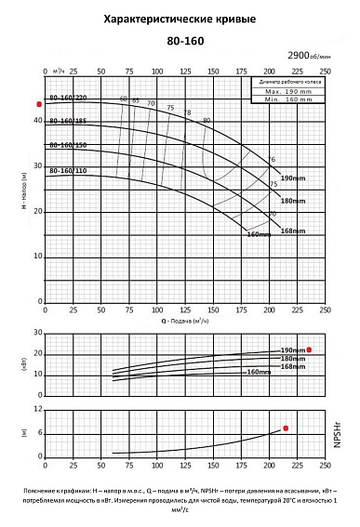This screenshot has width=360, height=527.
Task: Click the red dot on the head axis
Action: pyautogui.click(x=39, y=104)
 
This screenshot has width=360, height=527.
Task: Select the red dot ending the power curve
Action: pyautogui.click(x=310, y=349)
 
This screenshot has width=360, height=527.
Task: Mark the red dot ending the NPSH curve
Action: pyautogui.click(x=286, y=428)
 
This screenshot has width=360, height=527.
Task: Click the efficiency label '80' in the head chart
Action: pyautogui.click(x=207, y=120)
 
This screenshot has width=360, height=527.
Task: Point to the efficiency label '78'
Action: pyautogui.click(x=186, y=113)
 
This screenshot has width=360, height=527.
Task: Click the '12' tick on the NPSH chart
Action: pyautogui.click(x=38, y=409)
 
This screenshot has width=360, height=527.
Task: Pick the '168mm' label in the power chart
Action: pyautogui.click(x=293, y=366)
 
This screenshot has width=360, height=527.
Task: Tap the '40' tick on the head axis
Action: pyautogui.click(x=38, y=121)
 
